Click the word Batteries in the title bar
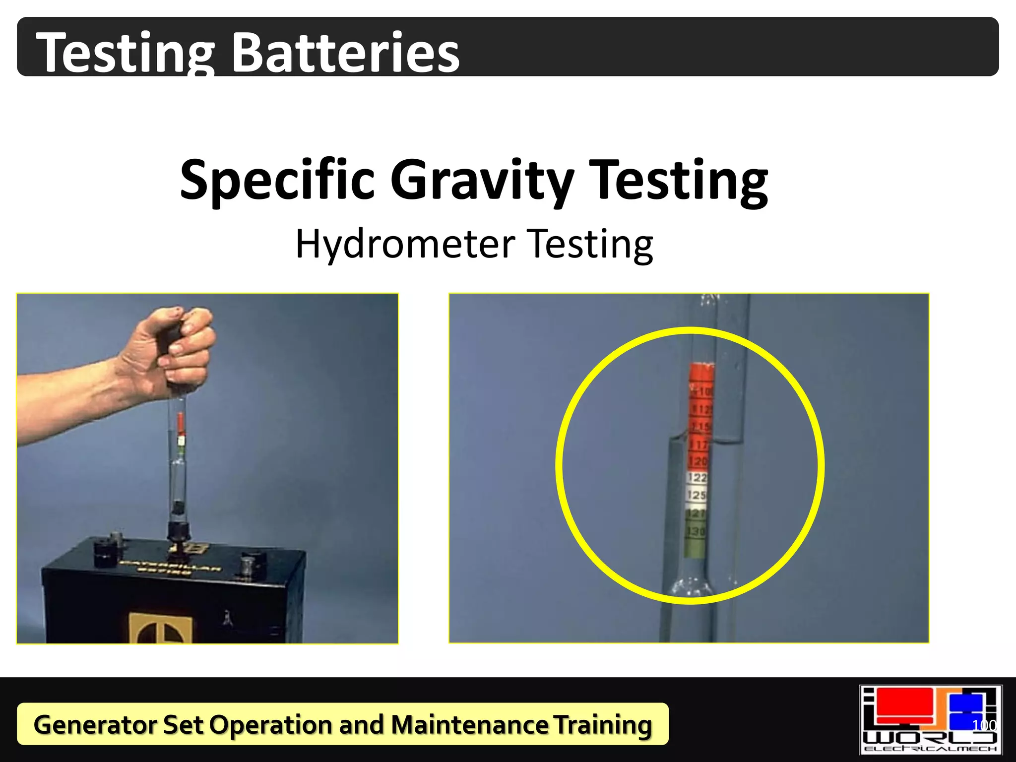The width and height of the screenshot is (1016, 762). pos(346,53)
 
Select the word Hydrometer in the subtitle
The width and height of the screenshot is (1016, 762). pos(405,244)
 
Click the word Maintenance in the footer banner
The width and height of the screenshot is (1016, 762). pos(469,724)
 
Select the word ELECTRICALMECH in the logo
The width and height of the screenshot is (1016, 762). pos(930,749)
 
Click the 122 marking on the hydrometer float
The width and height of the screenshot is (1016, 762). pos(698,478)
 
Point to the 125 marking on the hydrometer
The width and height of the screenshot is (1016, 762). pos(697,495)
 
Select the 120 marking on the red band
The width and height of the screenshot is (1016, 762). pos(698,461)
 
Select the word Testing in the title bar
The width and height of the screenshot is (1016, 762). pos(126,53)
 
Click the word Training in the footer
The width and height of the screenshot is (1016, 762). pos(602,724)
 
